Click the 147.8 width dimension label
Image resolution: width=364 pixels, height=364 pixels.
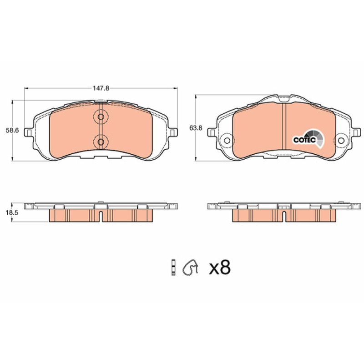tap(101, 88)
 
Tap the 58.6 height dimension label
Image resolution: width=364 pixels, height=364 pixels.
tap(12, 131)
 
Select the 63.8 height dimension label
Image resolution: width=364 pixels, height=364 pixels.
tap(196, 128)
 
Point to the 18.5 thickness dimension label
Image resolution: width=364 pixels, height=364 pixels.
tap(12, 212)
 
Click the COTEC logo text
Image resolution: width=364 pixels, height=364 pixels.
tap(304, 140)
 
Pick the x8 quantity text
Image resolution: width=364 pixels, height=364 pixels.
tap(220, 268)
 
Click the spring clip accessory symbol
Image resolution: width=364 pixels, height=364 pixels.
tap(190, 267)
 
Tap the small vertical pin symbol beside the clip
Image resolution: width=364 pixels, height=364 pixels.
tap(173, 267)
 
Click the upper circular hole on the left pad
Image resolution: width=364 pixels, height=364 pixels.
tap(101, 117)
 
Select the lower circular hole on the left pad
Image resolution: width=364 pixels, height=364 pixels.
tap(101, 142)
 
